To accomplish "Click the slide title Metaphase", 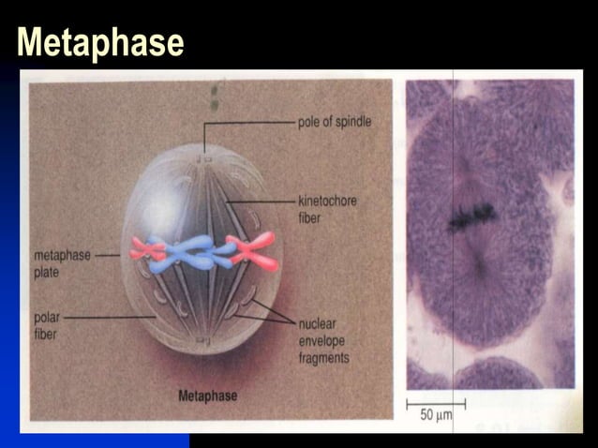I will click(100, 42).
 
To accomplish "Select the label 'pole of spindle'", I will click(335, 122).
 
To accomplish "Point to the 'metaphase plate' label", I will click(63, 261).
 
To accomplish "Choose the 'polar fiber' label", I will click(46, 324).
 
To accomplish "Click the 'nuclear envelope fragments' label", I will click(323, 341).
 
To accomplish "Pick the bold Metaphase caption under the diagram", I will click(207, 396).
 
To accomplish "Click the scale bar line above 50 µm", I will click(435, 403).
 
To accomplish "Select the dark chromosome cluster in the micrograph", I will click(471, 217).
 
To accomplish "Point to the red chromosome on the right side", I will click(254, 252).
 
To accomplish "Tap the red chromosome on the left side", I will click(147, 249).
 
